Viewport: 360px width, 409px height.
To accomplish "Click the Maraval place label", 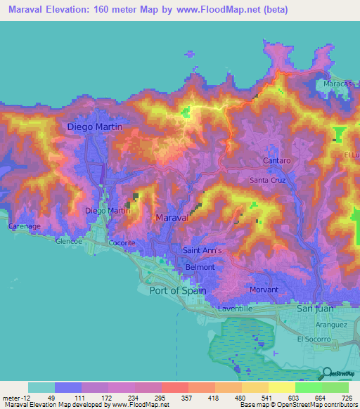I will [x=172, y=219].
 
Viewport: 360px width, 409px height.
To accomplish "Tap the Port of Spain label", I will [x=178, y=290].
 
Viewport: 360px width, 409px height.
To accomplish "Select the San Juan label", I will [x=315, y=308].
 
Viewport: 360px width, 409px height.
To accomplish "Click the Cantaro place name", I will [x=277, y=161].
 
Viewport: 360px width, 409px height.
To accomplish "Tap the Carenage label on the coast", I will [x=23, y=226].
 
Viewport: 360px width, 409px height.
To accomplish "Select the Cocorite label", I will [x=122, y=243].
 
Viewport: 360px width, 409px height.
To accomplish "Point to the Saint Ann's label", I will [x=202, y=250].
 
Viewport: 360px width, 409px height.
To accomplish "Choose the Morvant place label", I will [x=264, y=290].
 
